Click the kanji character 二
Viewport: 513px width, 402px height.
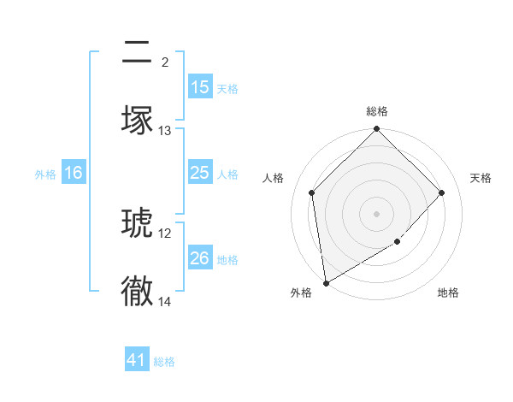click(137, 55)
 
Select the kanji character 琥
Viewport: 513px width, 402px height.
click(137, 224)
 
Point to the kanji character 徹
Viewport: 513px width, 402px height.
click(137, 291)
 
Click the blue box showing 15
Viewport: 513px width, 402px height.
click(199, 87)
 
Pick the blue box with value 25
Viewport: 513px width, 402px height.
click(199, 174)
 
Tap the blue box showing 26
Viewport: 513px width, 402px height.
click(199, 258)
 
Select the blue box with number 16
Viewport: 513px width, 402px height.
click(74, 174)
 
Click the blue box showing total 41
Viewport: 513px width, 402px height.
click(137, 361)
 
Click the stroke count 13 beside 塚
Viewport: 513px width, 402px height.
click(165, 131)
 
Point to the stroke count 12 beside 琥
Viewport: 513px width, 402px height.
click(165, 234)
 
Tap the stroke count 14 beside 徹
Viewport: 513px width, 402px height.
click(165, 301)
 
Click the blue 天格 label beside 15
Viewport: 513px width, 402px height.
click(227, 88)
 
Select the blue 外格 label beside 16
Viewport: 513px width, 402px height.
click(45, 174)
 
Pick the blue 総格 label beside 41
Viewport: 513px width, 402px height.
click(164, 362)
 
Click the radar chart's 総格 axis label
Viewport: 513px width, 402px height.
click(377, 111)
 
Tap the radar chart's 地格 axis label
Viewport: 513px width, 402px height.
click(448, 293)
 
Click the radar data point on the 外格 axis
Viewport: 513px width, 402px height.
click(326, 283)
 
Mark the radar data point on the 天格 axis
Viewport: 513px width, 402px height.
click(442, 192)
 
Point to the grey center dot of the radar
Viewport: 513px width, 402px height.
click(377, 214)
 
